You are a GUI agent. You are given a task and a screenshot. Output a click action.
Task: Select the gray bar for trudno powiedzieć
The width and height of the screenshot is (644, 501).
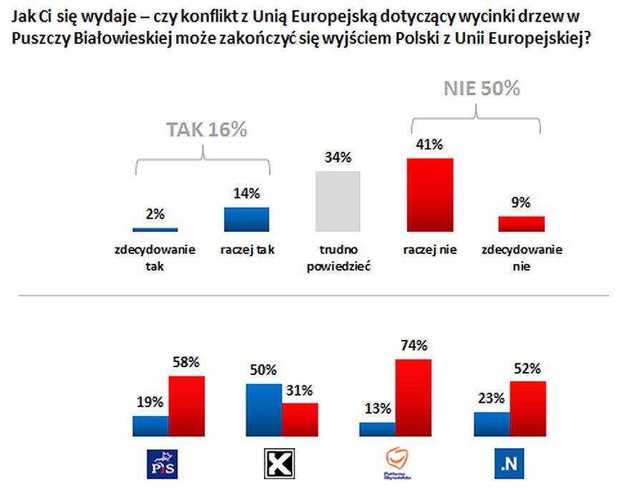[x=338, y=201]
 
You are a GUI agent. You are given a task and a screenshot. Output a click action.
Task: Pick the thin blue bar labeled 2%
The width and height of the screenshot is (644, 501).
[x=155, y=229]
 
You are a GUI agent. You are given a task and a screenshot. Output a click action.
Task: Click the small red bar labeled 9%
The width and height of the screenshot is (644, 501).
[x=522, y=223]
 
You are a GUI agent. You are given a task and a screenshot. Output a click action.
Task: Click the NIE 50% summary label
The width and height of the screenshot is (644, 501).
[x=481, y=89]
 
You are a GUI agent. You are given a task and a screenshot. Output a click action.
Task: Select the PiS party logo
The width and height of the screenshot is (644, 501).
[x=161, y=464]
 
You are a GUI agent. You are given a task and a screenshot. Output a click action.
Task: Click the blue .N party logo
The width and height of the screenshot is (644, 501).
[x=509, y=465]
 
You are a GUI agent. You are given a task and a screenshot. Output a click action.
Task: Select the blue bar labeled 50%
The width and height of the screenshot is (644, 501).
[x=263, y=409]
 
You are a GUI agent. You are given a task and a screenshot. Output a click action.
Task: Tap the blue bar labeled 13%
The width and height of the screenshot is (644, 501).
[x=377, y=429]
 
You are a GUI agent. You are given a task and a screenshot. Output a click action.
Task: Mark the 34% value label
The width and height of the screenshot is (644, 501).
[x=337, y=157]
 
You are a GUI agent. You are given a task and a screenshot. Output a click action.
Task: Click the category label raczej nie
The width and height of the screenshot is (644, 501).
[x=430, y=250]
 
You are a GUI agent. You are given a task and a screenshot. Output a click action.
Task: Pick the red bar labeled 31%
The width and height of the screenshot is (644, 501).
[x=300, y=419]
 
